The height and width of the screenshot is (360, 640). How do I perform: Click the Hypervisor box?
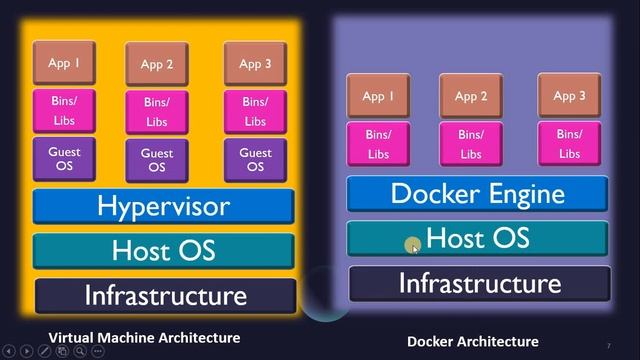163,206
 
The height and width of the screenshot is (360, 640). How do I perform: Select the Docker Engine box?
477,193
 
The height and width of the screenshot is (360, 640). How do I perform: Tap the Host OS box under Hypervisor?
163,250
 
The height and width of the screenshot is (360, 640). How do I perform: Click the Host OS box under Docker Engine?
477,238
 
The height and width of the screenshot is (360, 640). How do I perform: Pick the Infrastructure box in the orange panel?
165,295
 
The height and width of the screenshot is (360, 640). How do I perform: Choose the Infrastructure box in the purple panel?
479,283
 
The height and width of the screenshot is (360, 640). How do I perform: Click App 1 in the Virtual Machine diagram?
64,63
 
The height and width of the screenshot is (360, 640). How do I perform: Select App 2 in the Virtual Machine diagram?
157,64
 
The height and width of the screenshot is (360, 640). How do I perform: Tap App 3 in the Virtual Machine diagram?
255,63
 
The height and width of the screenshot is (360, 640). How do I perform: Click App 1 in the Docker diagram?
378,96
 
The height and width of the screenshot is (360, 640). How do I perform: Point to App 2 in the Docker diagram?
471,96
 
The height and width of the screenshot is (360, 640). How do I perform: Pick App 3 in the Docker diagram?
569,95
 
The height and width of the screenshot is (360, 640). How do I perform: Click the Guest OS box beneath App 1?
64,159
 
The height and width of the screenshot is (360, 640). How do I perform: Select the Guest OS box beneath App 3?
255,159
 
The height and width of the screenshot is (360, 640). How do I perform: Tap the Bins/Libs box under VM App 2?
157,111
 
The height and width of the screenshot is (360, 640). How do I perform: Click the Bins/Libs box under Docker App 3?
569,143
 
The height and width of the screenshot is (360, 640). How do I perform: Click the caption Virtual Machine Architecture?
144,338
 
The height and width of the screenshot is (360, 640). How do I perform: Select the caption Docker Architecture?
473,341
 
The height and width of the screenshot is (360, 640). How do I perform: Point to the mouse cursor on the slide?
413,246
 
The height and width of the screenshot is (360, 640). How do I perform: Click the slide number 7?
608,345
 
